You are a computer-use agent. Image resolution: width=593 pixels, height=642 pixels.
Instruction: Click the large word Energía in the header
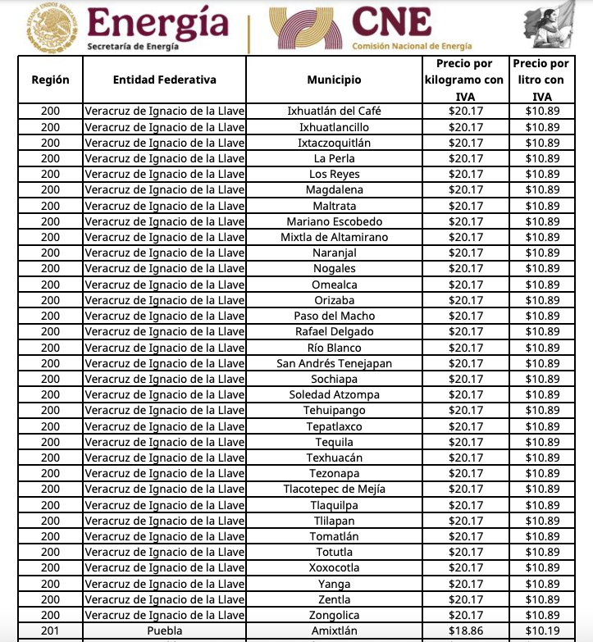pyautogui.click(x=157, y=22)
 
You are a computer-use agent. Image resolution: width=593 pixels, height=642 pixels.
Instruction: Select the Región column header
pyautogui.click(x=50, y=80)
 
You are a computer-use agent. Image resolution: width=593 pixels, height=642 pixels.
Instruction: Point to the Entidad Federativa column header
pyautogui.click(x=165, y=80)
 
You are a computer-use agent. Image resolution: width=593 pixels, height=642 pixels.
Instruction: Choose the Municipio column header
pyautogui.click(x=334, y=80)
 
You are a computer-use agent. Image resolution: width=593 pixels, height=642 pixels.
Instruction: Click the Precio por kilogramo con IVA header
pyautogui.click(x=465, y=80)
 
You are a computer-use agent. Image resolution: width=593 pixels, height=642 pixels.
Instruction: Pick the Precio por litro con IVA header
pyautogui.click(x=541, y=80)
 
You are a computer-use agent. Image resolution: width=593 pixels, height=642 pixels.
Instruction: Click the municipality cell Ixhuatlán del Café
pyautogui.click(x=334, y=112)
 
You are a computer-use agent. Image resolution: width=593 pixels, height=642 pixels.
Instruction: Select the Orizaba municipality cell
pyautogui.click(x=334, y=300)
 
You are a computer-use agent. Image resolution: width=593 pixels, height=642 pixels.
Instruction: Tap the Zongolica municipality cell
pyautogui.click(x=334, y=615)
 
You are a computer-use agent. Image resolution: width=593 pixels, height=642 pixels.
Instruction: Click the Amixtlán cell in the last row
pyautogui.click(x=334, y=631)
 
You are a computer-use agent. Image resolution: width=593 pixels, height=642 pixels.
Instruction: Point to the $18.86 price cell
pyautogui.click(x=465, y=631)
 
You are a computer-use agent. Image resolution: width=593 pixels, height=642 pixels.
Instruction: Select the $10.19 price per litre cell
pyautogui.click(x=542, y=631)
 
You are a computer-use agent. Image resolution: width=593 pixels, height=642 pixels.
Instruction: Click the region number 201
pyautogui.click(x=50, y=631)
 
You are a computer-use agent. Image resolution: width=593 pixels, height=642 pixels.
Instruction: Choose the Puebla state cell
pyautogui.click(x=165, y=631)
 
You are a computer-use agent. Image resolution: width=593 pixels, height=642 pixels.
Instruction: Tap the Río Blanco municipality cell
pyautogui.click(x=334, y=348)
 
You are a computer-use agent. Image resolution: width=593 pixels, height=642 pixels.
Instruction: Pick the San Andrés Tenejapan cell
pyautogui.click(x=334, y=363)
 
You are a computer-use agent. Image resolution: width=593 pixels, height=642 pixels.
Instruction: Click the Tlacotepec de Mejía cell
pyautogui.click(x=334, y=489)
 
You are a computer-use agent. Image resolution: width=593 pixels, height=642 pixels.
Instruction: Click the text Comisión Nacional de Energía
pyautogui.click(x=412, y=47)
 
